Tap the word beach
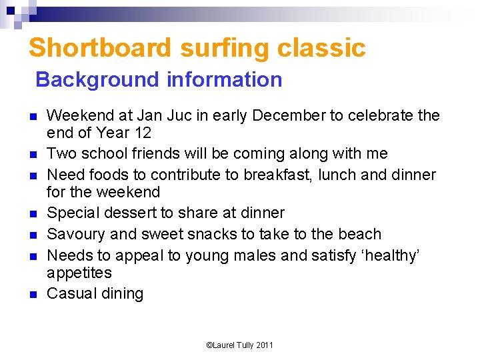[358, 234]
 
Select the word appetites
[79, 273]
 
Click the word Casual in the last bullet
[69, 293]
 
